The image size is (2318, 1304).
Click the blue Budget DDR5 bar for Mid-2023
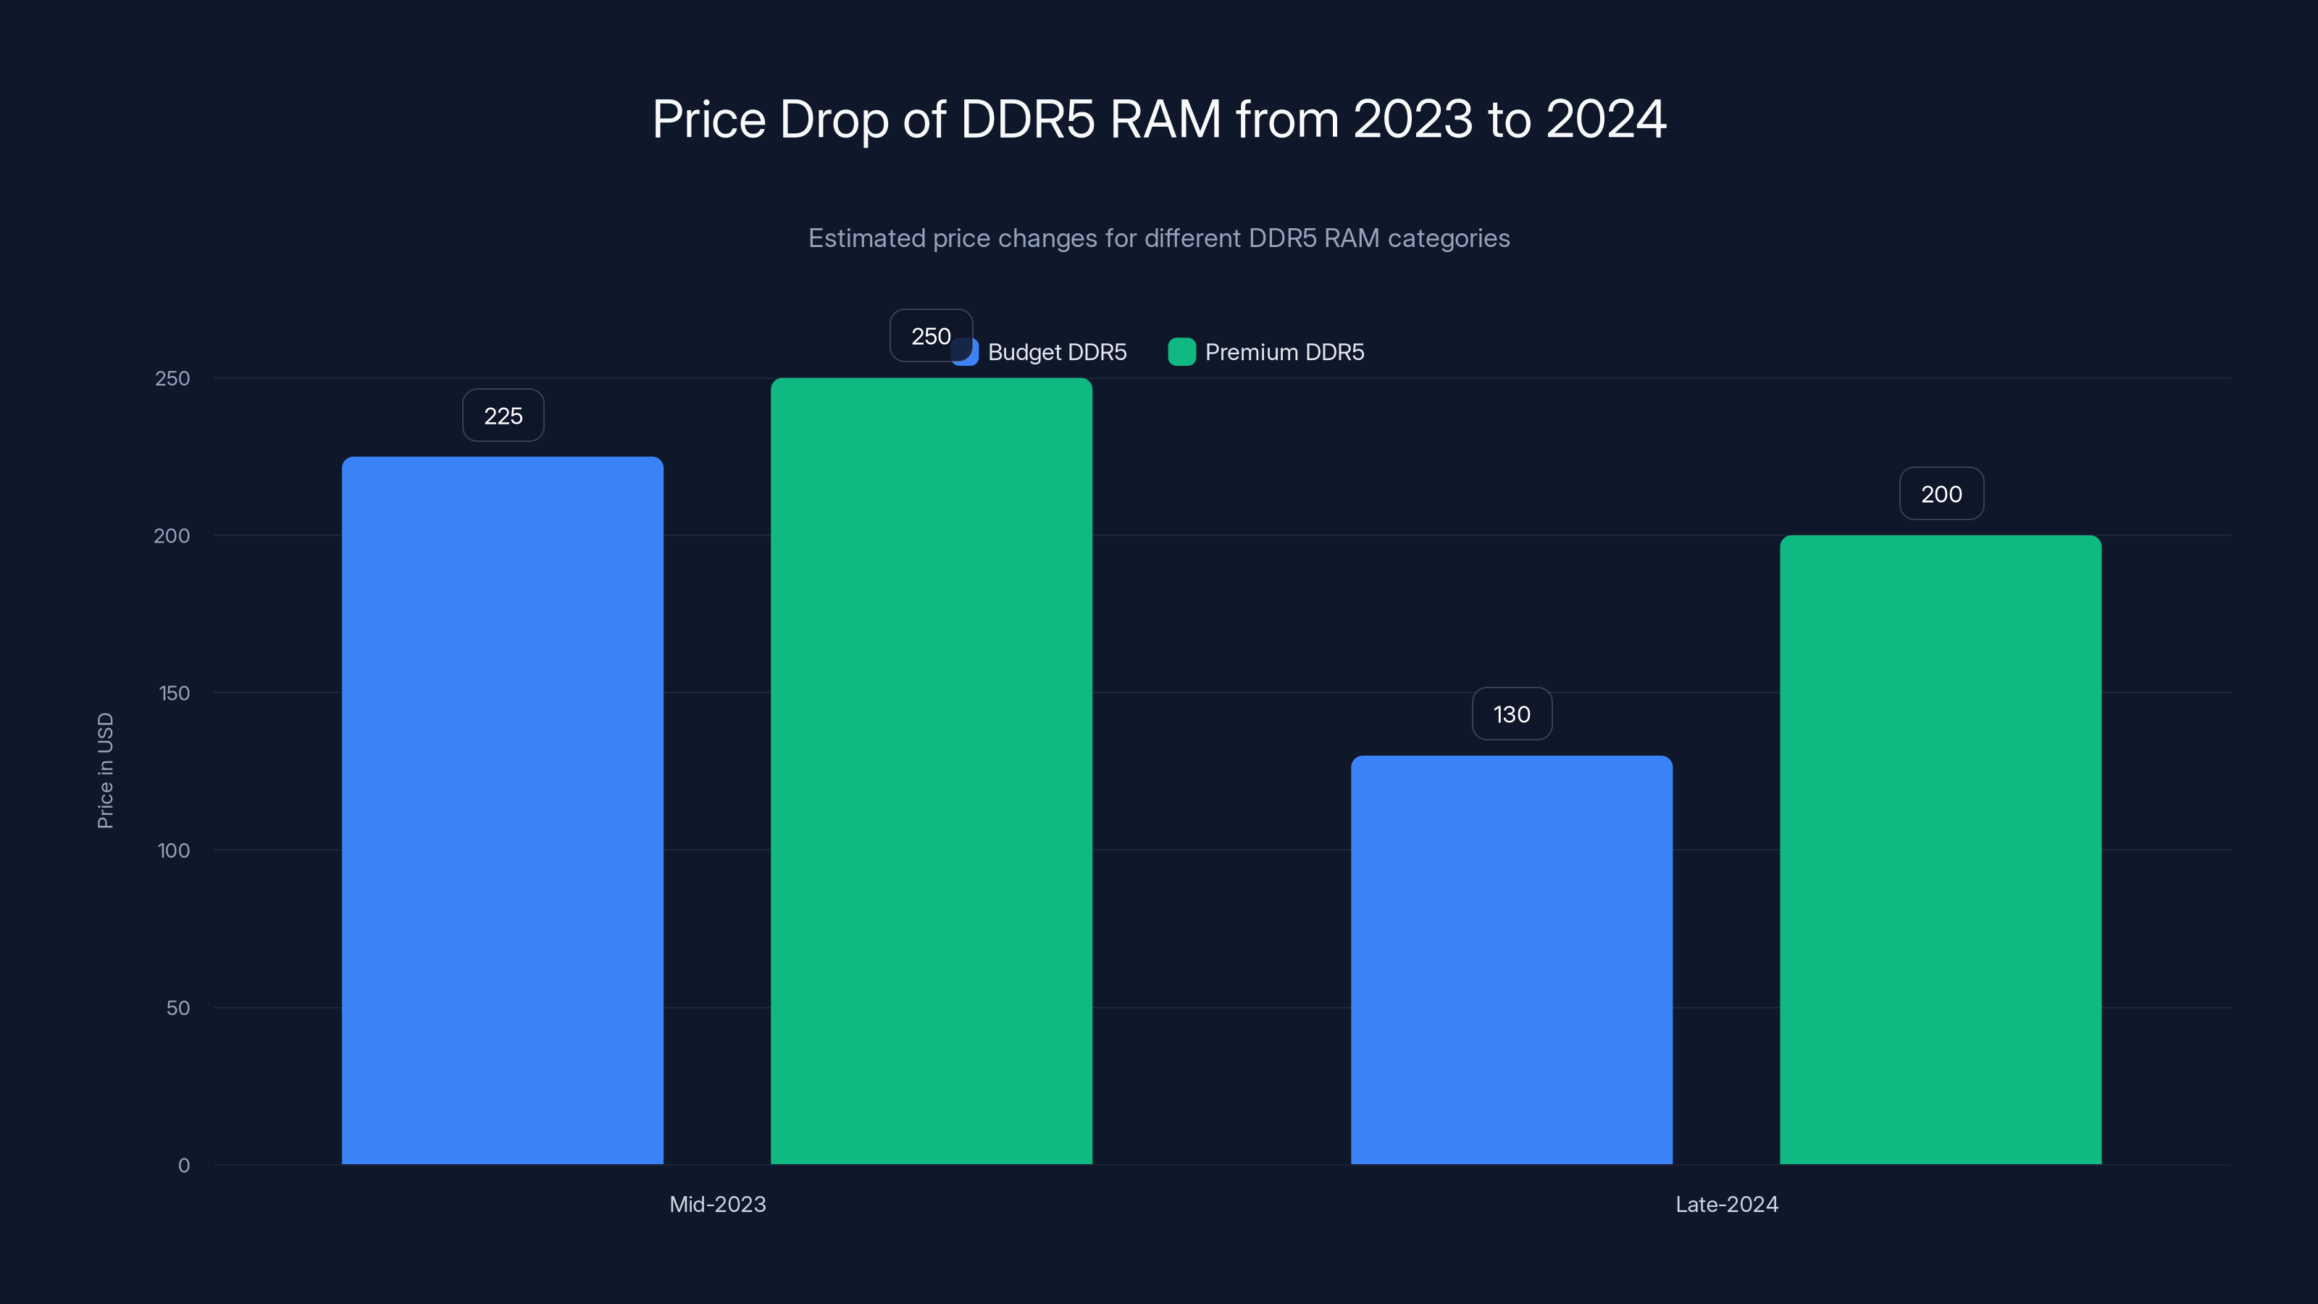[x=502, y=810]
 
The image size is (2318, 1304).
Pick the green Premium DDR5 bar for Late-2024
[x=1940, y=850]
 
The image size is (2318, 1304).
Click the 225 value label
[x=503, y=416]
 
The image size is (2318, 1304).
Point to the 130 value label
[x=1512, y=714]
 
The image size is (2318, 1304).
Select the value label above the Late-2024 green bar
[x=1941, y=494]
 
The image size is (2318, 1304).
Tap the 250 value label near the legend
[x=929, y=337]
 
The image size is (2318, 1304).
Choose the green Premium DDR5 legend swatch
[x=1181, y=352]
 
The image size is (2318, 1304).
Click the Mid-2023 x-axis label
[x=717, y=1204]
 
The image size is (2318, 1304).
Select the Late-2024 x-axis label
[x=1726, y=1204]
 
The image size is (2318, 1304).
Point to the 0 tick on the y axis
[x=183, y=1166]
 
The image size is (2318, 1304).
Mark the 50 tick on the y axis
[x=177, y=1008]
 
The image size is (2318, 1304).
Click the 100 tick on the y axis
[x=174, y=850]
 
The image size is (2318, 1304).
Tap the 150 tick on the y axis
[x=174, y=693]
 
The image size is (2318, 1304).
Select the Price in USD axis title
[x=105, y=770]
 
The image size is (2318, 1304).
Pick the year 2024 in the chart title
[x=1605, y=119]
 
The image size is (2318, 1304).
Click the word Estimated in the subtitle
[x=866, y=238]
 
